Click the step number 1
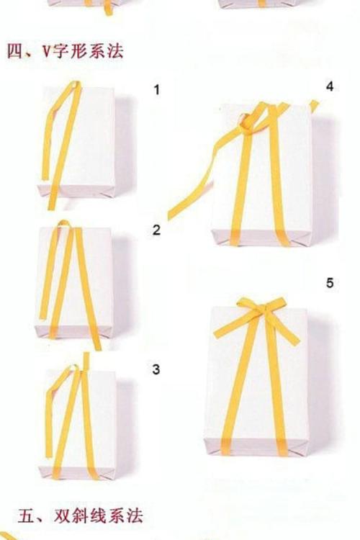click(x=157, y=90)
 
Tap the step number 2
click(x=157, y=230)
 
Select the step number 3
click(x=156, y=369)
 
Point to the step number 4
click(x=330, y=86)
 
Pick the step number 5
click(x=330, y=283)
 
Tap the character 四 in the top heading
click(x=14, y=52)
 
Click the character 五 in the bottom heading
click(x=26, y=516)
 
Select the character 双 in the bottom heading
click(x=62, y=516)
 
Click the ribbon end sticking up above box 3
click(x=86, y=361)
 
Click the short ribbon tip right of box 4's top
click(x=313, y=106)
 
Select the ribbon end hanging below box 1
click(x=52, y=202)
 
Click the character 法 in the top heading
click(x=114, y=52)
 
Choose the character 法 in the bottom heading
click(x=135, y=516)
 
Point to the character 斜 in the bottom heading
click(x=80, y=516)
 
